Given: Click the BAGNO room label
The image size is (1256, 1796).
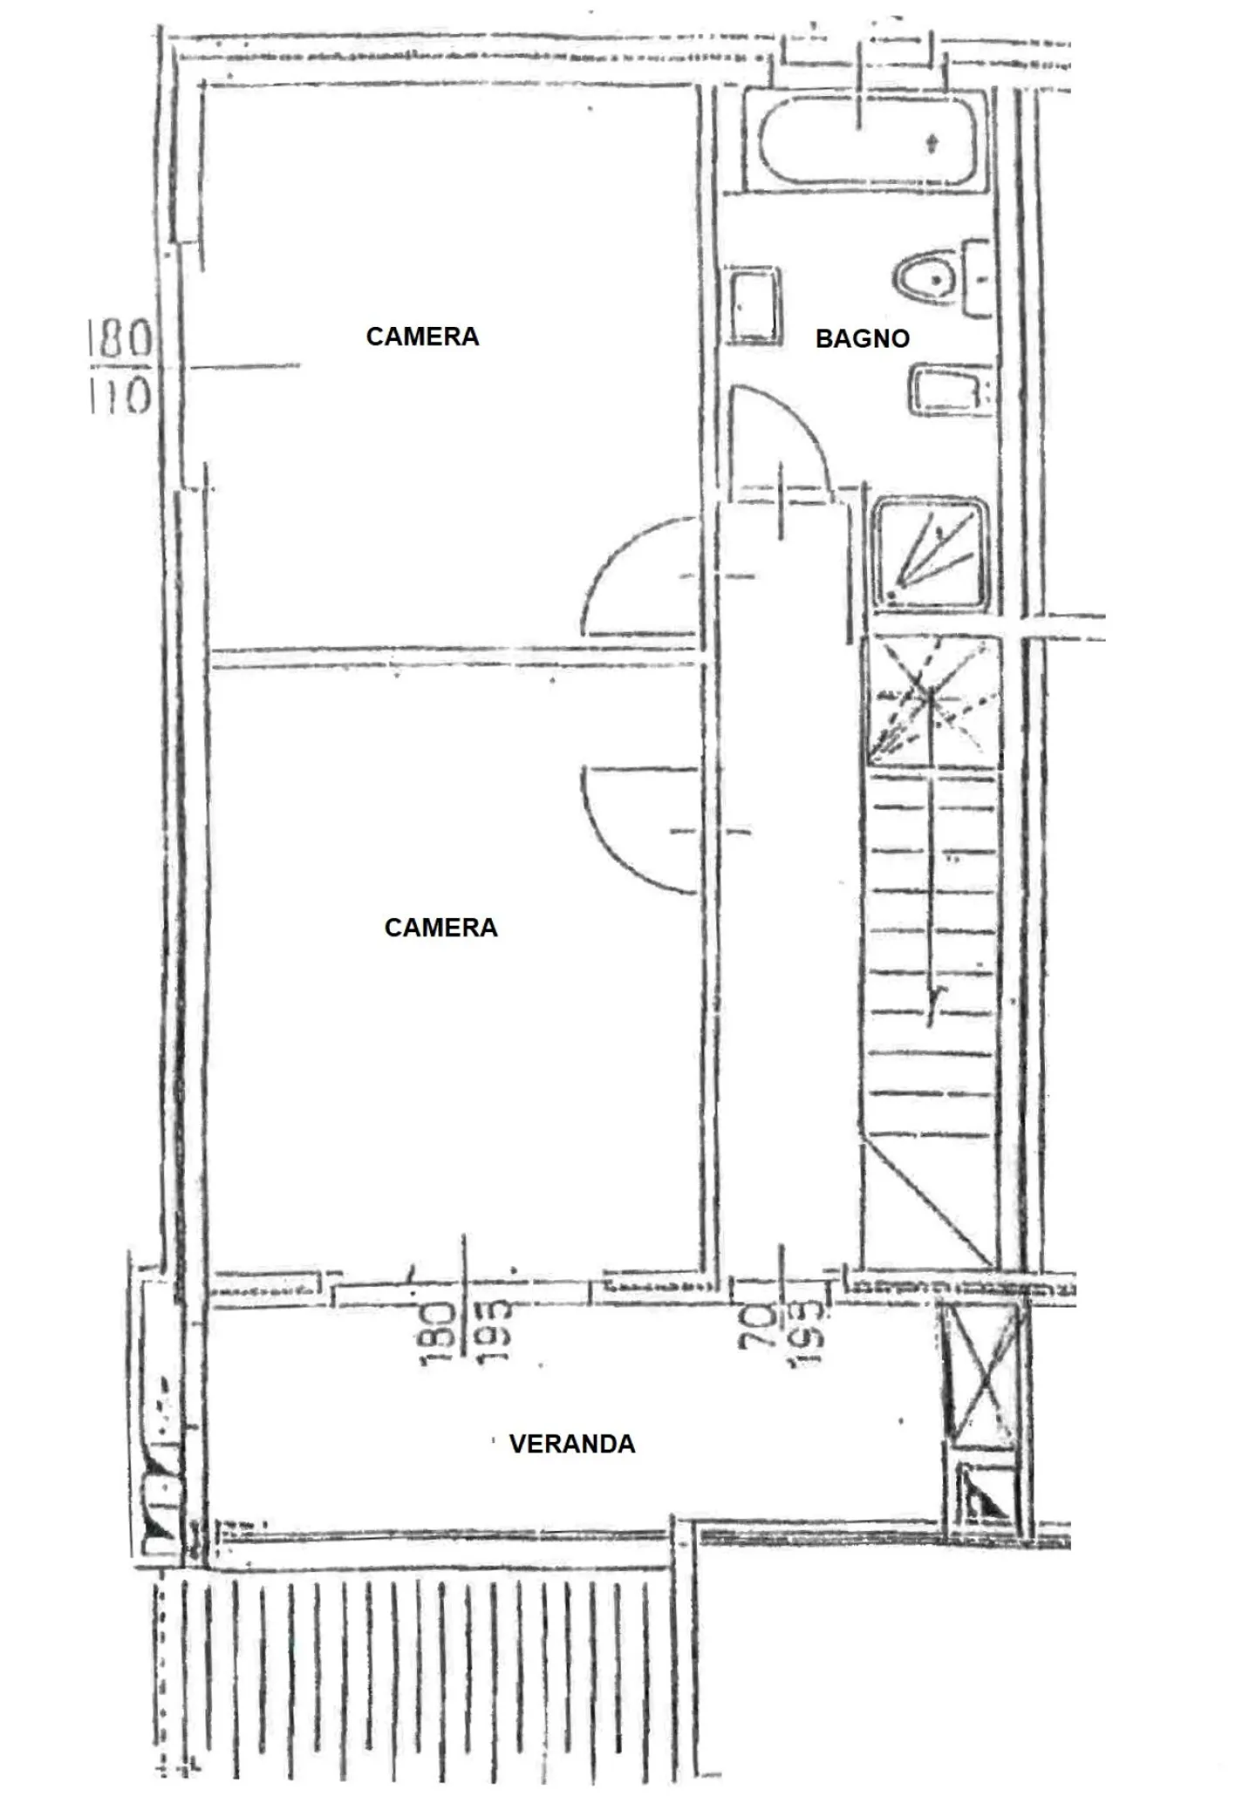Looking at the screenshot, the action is point(862,338).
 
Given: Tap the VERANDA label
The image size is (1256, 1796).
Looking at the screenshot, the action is point(572,1444).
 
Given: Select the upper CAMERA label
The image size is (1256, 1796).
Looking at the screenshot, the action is point(422,337).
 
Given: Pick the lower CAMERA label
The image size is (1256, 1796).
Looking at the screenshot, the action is point(440,927).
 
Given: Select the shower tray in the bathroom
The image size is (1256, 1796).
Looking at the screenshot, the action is point(931,552).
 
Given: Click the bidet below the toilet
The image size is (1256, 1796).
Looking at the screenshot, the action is point(949,391).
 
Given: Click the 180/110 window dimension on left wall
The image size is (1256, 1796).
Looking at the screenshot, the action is point(121,367).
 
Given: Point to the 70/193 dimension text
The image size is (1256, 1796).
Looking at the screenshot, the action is point(782,1333).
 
